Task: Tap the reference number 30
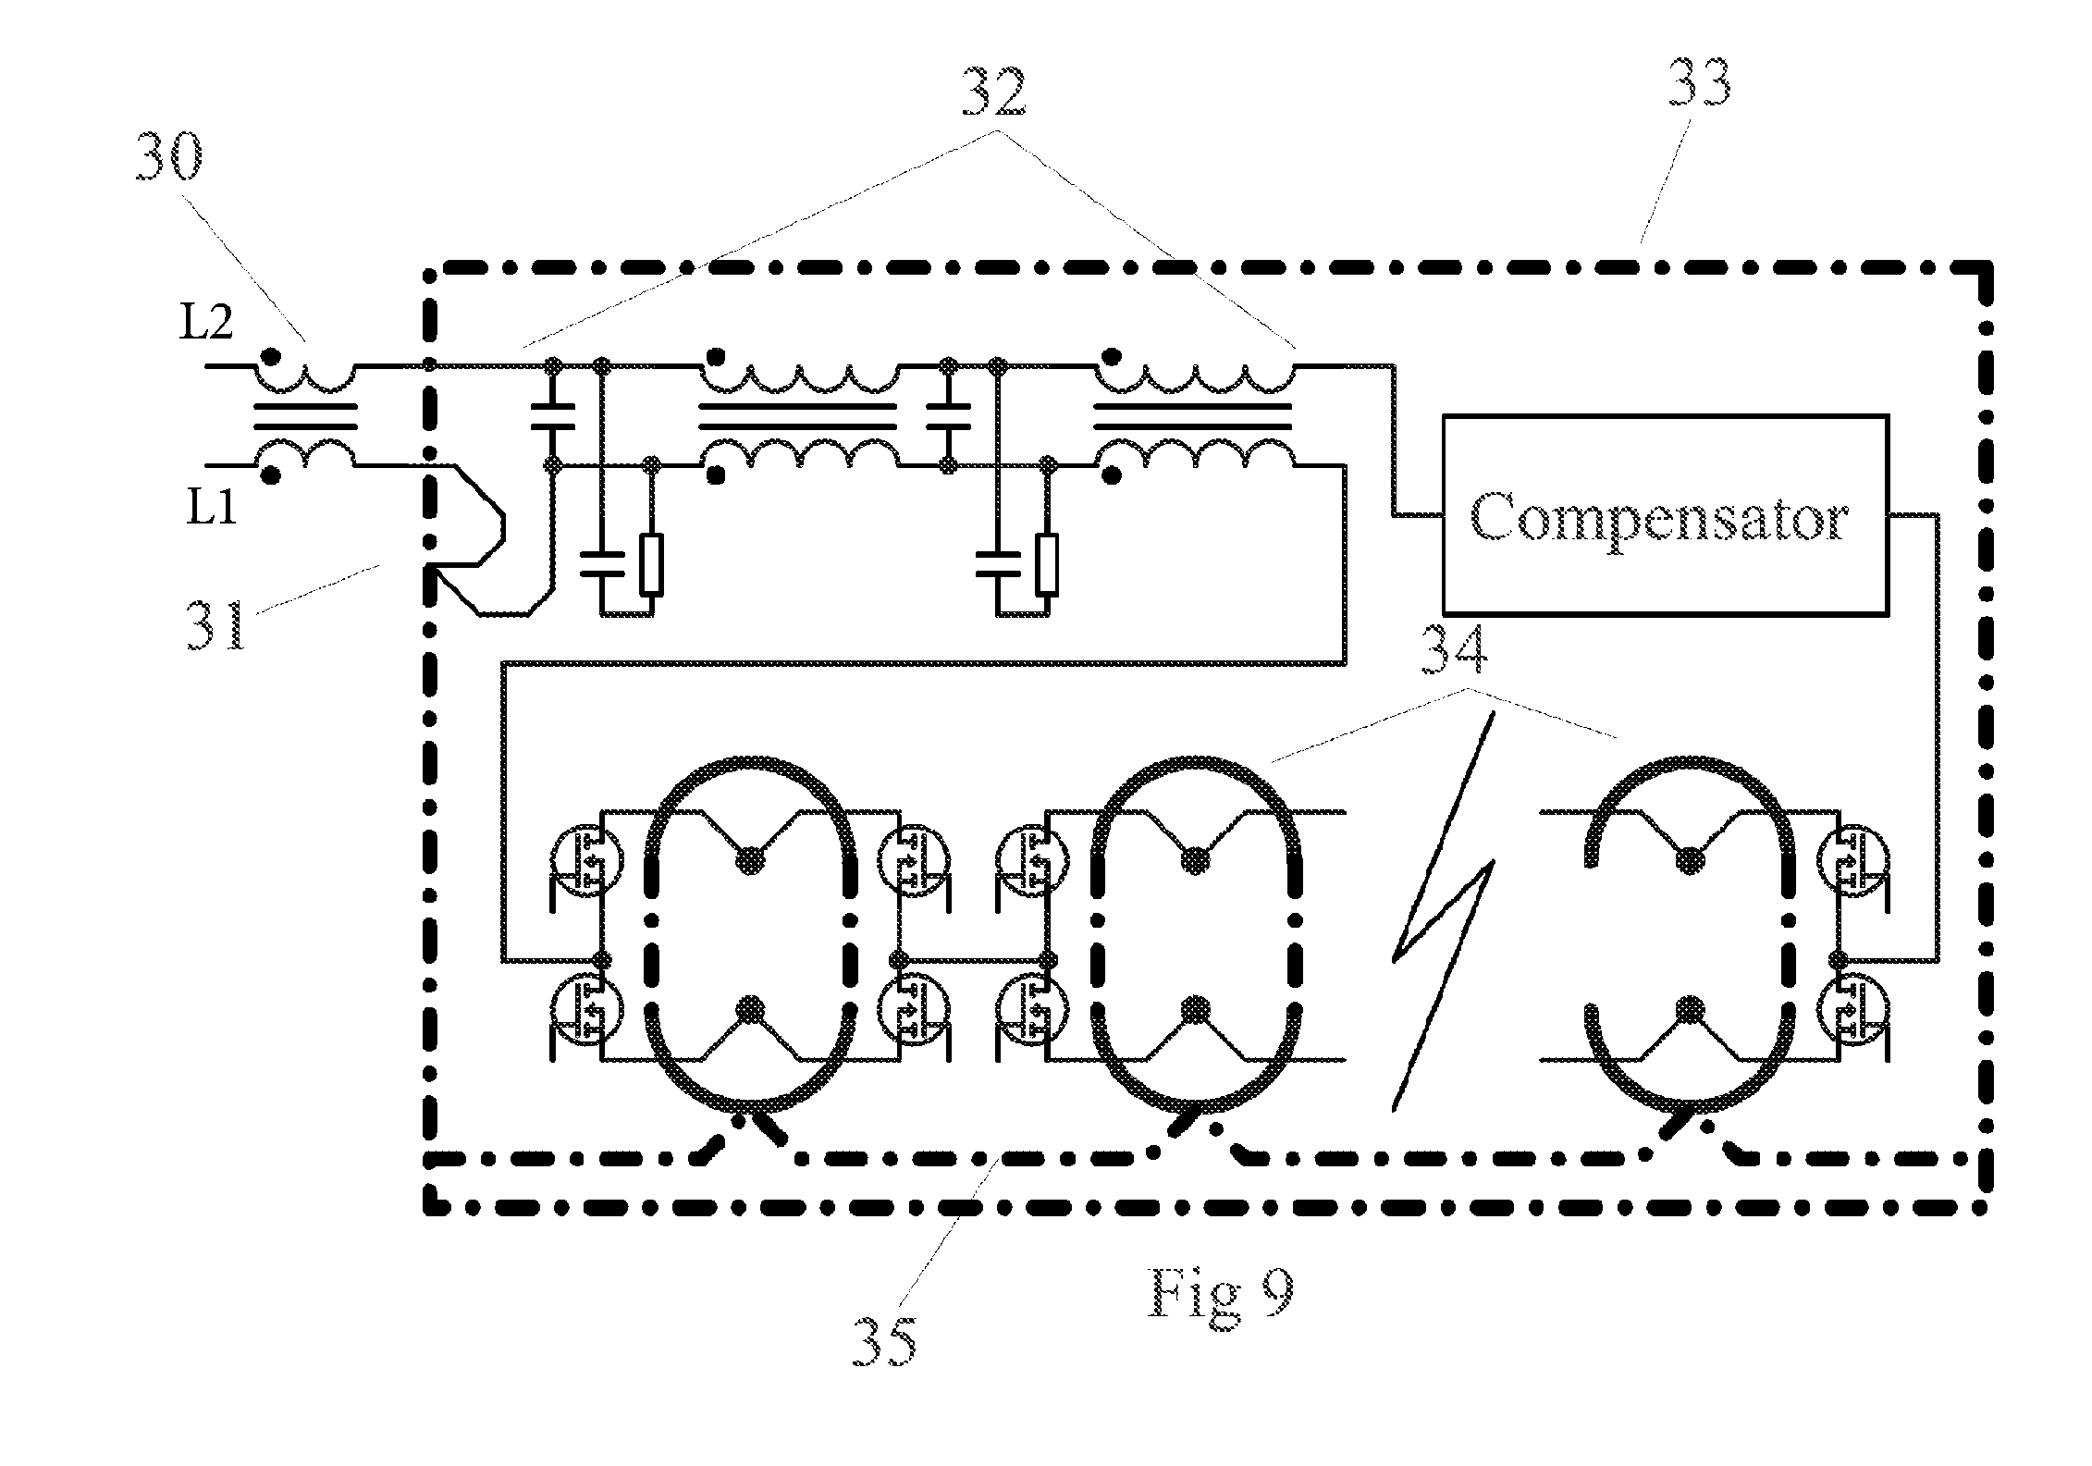169,160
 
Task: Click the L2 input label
206,324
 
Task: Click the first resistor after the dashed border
652,564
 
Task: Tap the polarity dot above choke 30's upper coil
270,356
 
